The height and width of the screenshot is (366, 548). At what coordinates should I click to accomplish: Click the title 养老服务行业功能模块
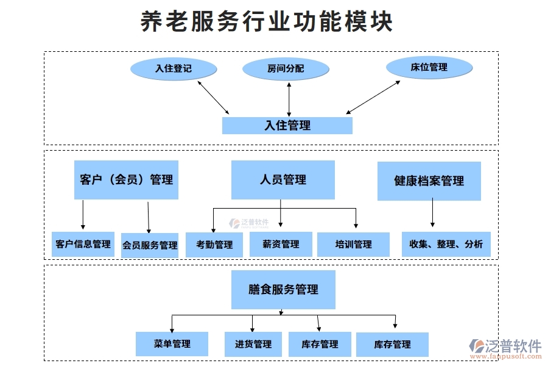click(x=267, y=21)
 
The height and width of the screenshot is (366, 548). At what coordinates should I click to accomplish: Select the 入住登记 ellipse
click(x=174, y=68)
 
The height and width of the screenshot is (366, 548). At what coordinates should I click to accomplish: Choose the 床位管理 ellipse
click(x=429, y=67)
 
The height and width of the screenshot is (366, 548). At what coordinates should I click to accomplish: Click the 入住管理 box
click(x=287, y=125)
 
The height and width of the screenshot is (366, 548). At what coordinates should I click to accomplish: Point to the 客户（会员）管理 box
click(x=126, y=180)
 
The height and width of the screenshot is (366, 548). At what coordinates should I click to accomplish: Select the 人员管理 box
click(x=283, y=179)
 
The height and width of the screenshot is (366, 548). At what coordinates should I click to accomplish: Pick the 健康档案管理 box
click(x=429, y=181)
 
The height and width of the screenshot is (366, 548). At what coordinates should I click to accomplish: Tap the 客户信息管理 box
click(x=83, y=244)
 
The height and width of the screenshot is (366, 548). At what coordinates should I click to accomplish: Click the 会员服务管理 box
click(x=150, y=245)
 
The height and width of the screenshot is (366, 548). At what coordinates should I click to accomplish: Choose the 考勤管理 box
click(x=214, y=245)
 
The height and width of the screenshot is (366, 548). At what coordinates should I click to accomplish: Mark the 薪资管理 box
click(x=281, y=244)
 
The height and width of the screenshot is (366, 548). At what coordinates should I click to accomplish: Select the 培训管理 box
click(x=353, y=244)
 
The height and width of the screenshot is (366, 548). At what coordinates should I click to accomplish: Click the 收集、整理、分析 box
click(x=446, y=244)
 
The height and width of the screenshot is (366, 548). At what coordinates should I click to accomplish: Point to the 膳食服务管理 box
click(x=283, y=290)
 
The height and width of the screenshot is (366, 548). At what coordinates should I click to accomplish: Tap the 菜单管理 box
click(x=172, y=344)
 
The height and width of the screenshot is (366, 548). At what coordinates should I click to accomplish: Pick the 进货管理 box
click(x=253, y=344)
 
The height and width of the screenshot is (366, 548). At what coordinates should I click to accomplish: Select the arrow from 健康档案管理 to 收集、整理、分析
click(x=432, y=213)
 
